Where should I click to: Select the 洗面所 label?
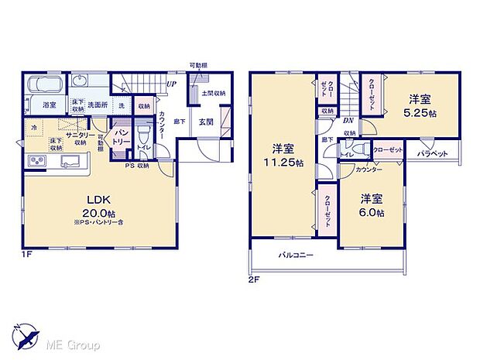click(96, 104)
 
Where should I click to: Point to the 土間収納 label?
click(213, 94)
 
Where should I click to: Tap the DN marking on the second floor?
click(348, 121)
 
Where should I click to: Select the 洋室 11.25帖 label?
click(282, 155)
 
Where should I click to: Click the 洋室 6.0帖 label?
click(370, 204)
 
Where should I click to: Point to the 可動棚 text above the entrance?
click(199, 65)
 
